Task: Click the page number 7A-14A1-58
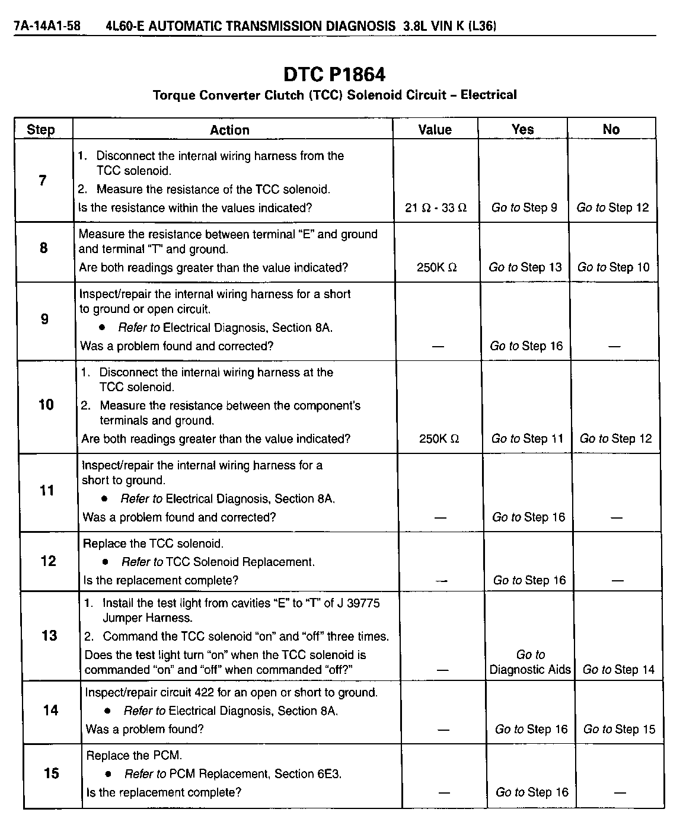[47, 26]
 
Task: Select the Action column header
[229, 130]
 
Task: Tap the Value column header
[435, 130]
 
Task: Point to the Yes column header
[522, 129]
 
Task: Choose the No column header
[611, 129]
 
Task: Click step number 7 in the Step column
[43, 181]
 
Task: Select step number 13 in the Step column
[49, 636]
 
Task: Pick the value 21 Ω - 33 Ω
[436, 208]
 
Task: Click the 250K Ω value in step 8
[437, 267]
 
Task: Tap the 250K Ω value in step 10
[439, 439]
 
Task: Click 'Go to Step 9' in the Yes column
[524, 207]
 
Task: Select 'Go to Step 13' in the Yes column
[525, 267]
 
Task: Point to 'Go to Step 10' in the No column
[614, 267]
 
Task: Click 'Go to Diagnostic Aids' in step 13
[530, 662]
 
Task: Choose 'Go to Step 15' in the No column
[619, 730]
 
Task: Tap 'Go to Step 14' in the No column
[618, 670]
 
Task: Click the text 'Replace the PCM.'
[134, 756]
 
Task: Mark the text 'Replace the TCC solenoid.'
[153, 543]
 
